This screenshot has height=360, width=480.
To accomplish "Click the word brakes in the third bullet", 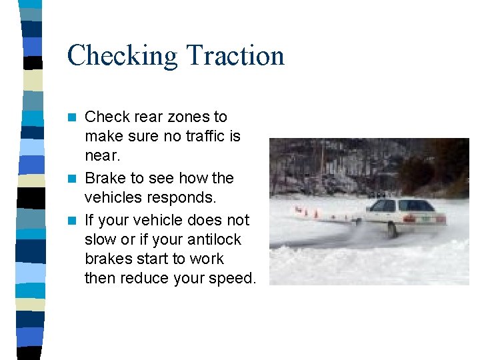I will pyautogui.click(x=107, y=259).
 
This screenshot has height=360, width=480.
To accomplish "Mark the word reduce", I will pyautogui.click(x=145, y=278).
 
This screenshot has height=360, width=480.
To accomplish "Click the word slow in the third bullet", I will pyautogui.click(x=99, y=239).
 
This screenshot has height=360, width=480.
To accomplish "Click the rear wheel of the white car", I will pyautogui.click(x=392, y=230).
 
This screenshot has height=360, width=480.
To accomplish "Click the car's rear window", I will pyautogui.click(x=417, y=205).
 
